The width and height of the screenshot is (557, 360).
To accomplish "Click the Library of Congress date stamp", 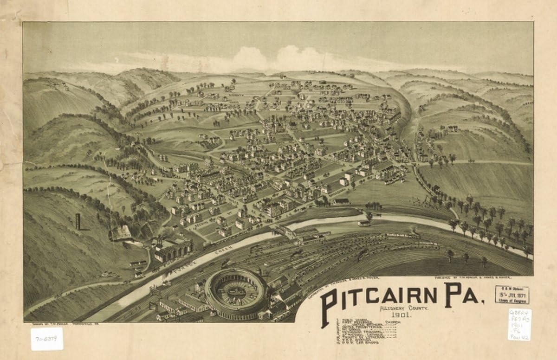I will click(512, 295).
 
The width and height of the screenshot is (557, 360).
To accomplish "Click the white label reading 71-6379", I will click(46, 339).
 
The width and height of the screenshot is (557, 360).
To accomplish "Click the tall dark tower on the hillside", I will click(78, 222).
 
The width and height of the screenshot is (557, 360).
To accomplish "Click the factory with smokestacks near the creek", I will click(172, 248).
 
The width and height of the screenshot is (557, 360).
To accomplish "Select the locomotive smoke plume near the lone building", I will click(413, 228).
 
